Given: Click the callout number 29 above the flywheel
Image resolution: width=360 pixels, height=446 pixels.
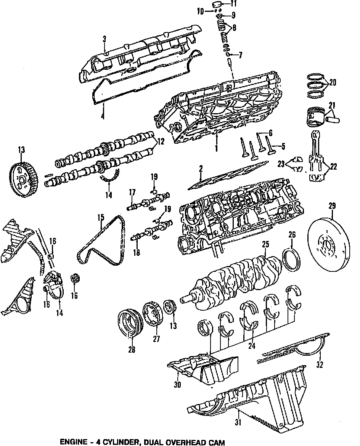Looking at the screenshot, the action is [332, 207].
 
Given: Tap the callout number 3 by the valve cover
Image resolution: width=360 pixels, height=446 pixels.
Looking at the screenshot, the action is [104, 39].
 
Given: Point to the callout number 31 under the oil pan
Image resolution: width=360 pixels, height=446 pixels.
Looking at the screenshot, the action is [238, 422].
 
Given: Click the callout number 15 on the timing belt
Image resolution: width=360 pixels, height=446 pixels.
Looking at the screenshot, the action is [100, 218].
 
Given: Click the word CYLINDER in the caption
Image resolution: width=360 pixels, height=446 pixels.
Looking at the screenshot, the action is [114, 442].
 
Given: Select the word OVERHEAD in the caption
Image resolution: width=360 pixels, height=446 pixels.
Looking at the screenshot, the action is [191, 442].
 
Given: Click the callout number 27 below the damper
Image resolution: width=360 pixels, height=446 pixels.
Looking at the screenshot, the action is [156, 339].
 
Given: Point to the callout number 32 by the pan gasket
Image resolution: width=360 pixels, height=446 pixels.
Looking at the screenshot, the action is [320, 365].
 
